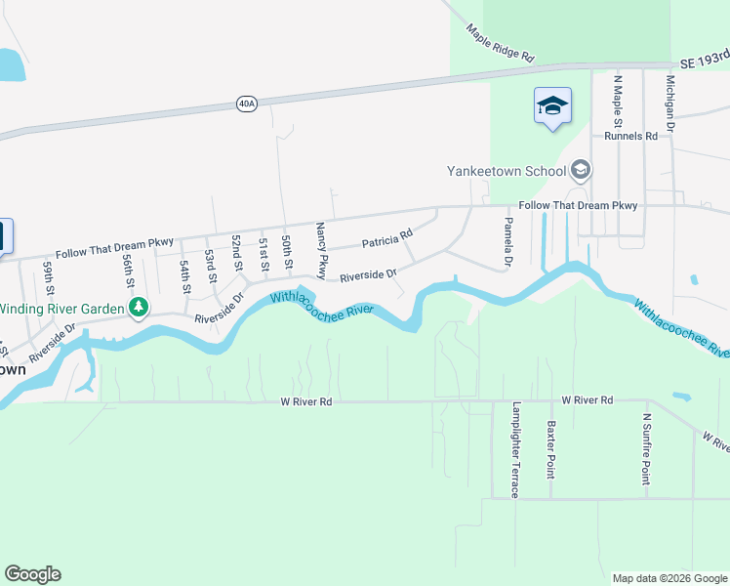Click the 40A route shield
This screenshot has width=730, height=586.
pos(247,104)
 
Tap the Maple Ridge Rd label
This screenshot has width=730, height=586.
pos(501,44)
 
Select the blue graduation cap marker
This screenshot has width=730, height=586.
pos(552,106)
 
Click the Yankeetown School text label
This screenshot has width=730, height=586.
pos(507,171)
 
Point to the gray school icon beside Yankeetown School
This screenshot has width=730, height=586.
pos(581,171)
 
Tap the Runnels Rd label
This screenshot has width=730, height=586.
pos(630,137)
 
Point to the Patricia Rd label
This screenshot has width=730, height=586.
pos(387,238)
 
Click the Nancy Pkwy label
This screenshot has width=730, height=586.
pos(320,248)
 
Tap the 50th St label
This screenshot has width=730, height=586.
pos(287,252)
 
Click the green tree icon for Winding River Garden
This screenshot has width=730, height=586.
pos(139,309)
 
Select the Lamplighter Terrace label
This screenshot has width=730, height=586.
pos(515,449)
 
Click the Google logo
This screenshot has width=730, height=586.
pos(32,574)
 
